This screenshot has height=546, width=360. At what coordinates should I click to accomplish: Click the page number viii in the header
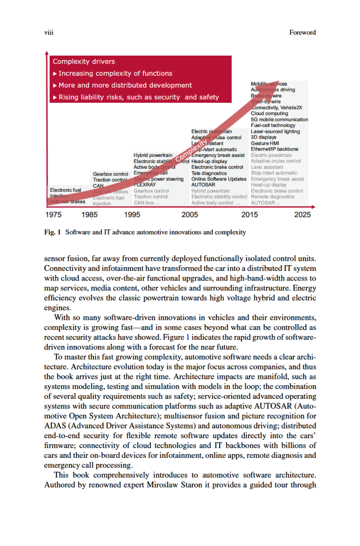(x=48, y=32)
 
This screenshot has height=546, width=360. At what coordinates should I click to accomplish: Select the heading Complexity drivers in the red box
(x=84, y=61)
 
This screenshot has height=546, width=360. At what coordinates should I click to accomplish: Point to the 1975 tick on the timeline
(x=53, y=214)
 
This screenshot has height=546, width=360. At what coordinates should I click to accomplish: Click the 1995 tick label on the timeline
(x=132, y=214)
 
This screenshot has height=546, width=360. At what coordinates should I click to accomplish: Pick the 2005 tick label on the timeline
(x=190, y=214)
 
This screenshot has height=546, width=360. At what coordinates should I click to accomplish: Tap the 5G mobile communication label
(x=279, y=120)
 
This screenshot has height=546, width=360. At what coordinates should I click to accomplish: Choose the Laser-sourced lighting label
(x=275, y=131)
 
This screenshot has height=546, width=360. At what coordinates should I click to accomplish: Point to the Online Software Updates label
(x=218, y=179)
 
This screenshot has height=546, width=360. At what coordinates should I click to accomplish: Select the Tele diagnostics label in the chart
(x=209, y=173)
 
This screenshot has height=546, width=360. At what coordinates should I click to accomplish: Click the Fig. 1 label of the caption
(x=52, y=232)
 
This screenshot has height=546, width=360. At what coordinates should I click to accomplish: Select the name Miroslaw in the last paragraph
(x=163, y=484)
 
